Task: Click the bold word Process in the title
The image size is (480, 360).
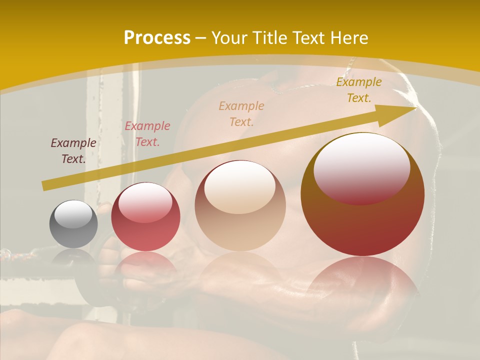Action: pyautogui.click(x=157, y=38)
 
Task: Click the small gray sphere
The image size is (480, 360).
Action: pyautogui.click(x=73, y=224)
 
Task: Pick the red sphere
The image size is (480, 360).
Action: pyautogui.click(x=145, y=217)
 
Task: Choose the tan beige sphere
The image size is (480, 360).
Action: pyautogui.click(x=240, y=206)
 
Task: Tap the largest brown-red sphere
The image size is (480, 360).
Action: pyautogui.click(x=362, y=194)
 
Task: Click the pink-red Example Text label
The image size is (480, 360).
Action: pyautogui.click(x=147, y=134)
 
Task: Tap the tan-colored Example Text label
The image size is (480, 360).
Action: pyautogui.click(x=241, y=113)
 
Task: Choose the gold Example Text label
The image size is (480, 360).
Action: pyautogui.click(x=358, y=90)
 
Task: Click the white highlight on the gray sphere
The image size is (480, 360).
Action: pyautogui.click(x=73, y=214)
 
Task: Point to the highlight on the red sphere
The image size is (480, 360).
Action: pyautogui.click(x=145, y=202)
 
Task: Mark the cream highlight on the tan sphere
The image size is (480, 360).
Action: pyautogui.click(x=240, y=187)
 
